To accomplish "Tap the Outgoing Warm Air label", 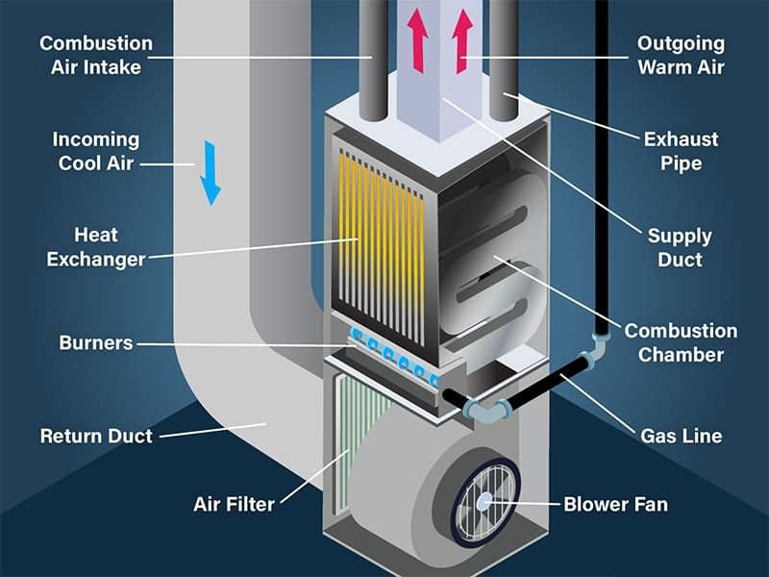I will point(681,55).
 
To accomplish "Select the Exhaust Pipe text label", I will point(681,151).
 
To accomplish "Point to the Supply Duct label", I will point(681,247).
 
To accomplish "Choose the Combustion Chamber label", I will point(681,342).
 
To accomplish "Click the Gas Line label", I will point(681,436).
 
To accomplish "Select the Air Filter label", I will point(234,503).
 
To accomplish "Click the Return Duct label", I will point(96,436).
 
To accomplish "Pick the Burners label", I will point(96,342).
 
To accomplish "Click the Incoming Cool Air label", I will point(96,151).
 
